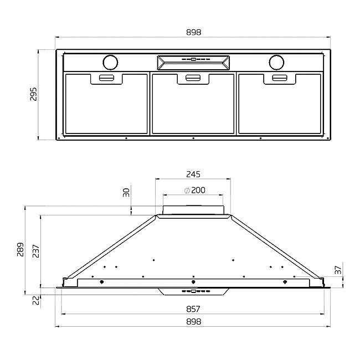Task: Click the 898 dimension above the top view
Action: click(193, 32)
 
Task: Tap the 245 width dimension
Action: click(193, 174)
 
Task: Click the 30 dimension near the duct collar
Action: click(126, 193)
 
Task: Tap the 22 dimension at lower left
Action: click(36, 299)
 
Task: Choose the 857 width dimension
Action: click(193, 309)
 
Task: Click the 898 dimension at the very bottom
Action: click(193, 321)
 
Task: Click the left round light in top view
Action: click(110, 61)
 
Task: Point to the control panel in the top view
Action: click(193, 61)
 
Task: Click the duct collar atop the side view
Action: click(193, 211)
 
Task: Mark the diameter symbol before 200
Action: click(186, 191)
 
